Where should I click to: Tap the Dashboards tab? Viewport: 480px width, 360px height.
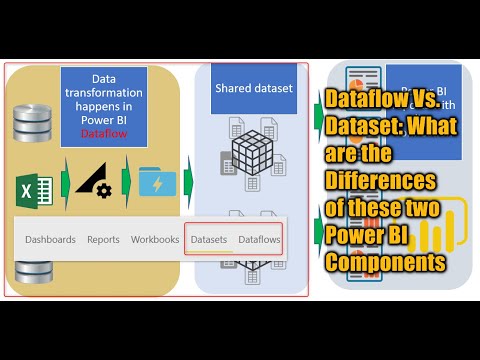pos(50,240)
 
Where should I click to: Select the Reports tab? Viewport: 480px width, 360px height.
pos(103,240)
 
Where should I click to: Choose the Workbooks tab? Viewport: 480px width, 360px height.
pos(155,240)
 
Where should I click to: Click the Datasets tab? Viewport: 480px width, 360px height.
pos(209,240)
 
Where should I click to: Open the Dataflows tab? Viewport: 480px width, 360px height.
pos(259,240)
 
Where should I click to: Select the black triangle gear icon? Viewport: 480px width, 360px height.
pos(95,181)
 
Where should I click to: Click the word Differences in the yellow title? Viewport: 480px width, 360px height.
pos(380,182)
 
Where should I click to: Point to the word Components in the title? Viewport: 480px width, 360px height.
pos(385,262)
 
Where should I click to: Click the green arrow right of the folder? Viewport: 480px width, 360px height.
pos(188,184)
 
